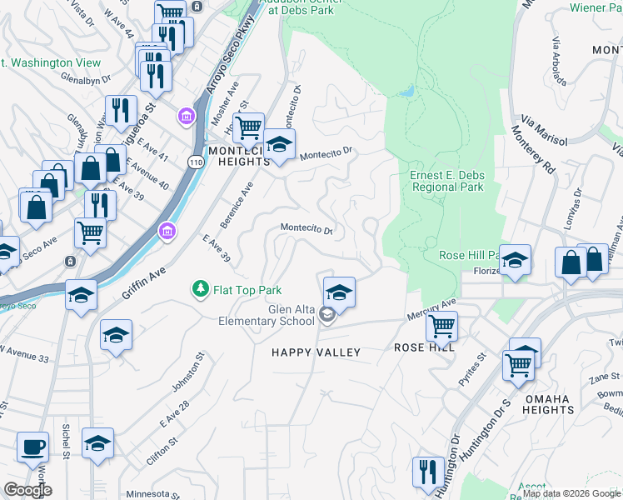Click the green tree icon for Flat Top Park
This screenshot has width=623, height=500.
click(200, 290)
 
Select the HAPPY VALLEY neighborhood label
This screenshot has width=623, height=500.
click(316, 352)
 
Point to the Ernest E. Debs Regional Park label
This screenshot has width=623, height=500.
click(446, 181)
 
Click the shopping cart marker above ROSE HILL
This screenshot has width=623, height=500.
click(441, 326)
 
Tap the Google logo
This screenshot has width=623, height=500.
click(27, 490)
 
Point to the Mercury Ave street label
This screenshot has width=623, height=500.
click(438, 305)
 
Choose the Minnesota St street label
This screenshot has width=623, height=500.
click(153, 494)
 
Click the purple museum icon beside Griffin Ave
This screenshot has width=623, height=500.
click(167, 230)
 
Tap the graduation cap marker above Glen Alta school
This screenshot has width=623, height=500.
click(339, 292)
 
